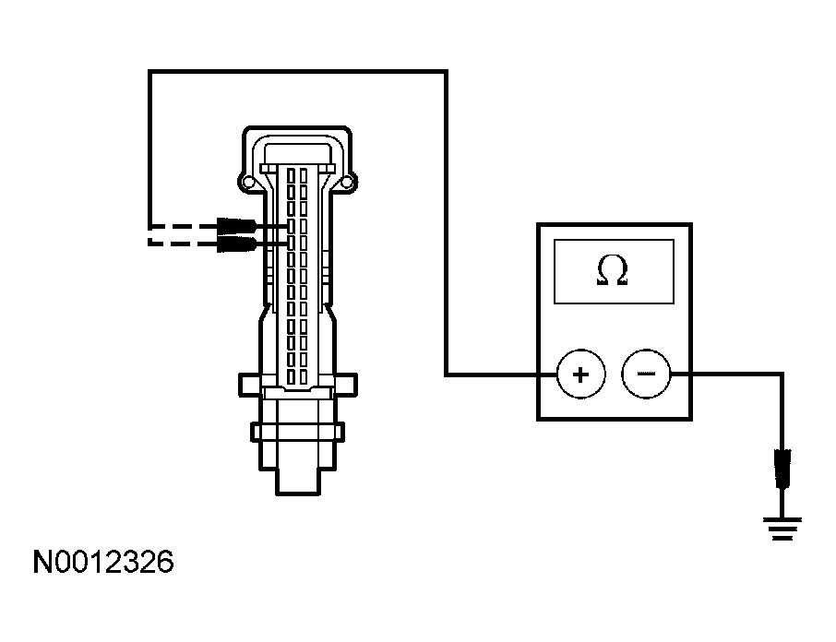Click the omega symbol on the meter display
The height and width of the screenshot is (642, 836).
point(612,270)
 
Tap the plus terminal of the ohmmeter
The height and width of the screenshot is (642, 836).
point(580,374)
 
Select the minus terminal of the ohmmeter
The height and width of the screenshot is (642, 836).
point(646,374)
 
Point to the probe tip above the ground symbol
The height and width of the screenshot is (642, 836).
point(782,469)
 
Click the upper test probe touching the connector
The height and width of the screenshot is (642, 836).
point(237,226)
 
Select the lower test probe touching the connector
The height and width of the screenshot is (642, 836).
point(237,244)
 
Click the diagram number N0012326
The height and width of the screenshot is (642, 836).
point(103,562)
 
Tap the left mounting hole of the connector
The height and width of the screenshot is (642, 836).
point(248,183)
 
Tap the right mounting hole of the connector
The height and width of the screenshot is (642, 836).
point(347,183)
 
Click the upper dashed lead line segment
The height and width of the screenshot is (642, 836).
point(182,226)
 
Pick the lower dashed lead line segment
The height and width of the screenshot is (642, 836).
point(182,244)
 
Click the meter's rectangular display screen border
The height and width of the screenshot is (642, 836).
point(614,240)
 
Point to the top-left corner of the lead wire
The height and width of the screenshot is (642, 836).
point(150,71)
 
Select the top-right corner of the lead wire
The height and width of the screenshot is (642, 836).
point(446,71)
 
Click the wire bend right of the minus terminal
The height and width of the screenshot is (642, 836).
point(782,374)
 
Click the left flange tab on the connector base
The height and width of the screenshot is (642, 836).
point(249,385)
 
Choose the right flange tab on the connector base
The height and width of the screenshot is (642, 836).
point(345,385)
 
